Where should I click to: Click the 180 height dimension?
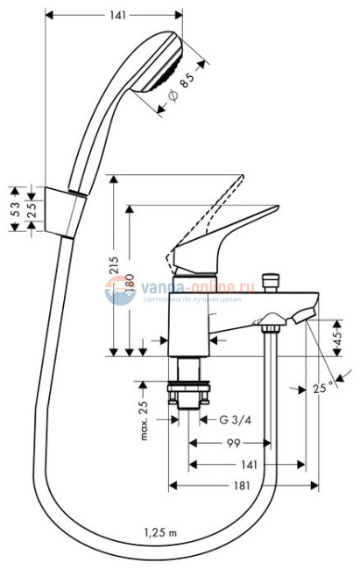(x=130, y=282)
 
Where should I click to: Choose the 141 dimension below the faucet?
(x=249, y=466)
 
